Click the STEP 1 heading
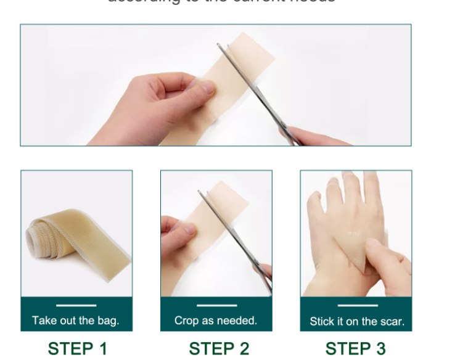(x=77, y=348)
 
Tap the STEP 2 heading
(x=218, y=348)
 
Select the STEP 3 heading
(x=356, y=348)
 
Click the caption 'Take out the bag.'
(x=76, y=321)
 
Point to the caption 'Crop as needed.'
(x=216, y=321)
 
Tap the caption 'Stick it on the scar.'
(x=357, y=321)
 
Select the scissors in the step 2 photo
(x=234, y=240)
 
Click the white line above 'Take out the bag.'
(x=76, y=305)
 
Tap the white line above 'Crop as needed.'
(x=216, y=305)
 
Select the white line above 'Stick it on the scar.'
(x=357, y=305)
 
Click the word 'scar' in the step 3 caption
(x=392, y=321)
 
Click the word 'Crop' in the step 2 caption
(x=187, y=321)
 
